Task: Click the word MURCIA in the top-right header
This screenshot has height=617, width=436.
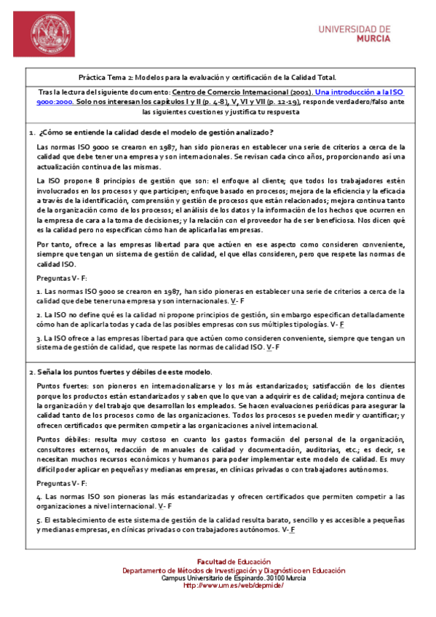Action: point(373,39)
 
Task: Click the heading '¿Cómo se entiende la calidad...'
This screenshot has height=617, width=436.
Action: point(157,132)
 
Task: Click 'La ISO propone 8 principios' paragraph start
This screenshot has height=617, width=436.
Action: point(80,180)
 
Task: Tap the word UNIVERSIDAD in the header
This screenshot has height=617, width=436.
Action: point(354,29)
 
